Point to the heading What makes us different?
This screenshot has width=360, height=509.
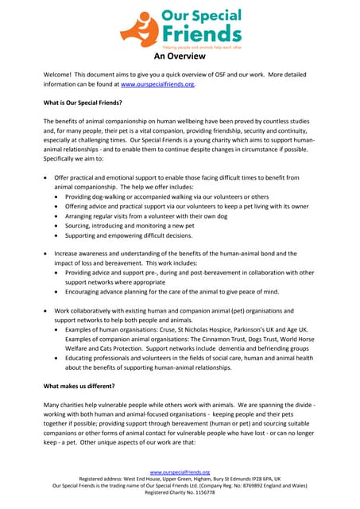point(79,386)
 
